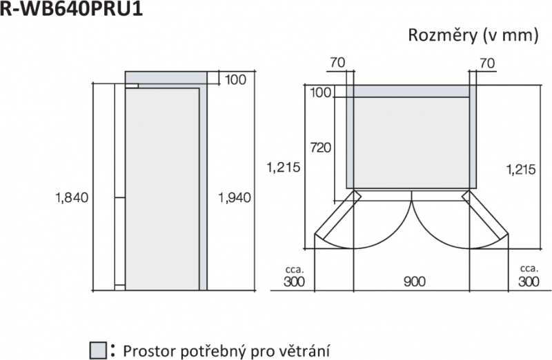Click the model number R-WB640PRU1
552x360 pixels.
[x=71, y=8]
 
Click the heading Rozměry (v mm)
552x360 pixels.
[x=473, y=36]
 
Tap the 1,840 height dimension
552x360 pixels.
[x=72, y=198]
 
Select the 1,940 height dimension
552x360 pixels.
[x=235, y=198]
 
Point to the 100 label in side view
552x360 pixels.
[x=235, y=80]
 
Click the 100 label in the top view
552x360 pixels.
[x=321, y=93]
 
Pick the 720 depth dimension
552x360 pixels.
[x=320, y=148]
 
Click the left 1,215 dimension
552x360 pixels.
[x=284, y=167]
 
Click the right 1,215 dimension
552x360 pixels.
[x=521, y=170]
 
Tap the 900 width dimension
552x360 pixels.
[x=415, y=281]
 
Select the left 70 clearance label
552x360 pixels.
[x=337, y=63]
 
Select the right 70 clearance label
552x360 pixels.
[x=487, y=63]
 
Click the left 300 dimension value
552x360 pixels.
[x=294, y=281]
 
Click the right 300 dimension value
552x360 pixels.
[x=529, y=281]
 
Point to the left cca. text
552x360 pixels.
[x=295, y=270]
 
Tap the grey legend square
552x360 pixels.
[x=98, y=350]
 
